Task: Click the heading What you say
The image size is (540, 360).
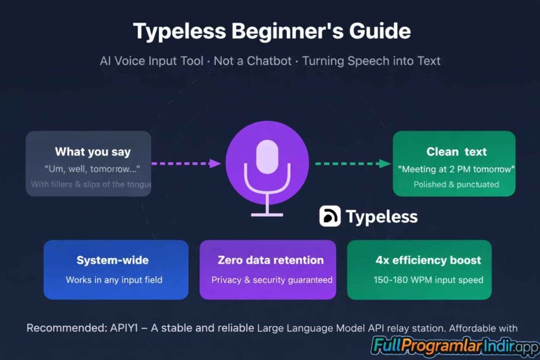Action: point(92,152)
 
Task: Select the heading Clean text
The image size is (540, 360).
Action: point(456,152)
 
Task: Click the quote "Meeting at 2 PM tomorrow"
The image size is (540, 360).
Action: point(456,169)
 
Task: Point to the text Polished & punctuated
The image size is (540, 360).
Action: point(456,184)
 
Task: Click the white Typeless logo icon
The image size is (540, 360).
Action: point(330,217)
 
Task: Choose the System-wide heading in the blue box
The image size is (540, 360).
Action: point(112,260)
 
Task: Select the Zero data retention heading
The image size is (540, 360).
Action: point(271,260)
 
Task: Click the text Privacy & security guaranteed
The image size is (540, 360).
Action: point(272,280)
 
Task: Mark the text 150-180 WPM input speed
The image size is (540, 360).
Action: point(428,280)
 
